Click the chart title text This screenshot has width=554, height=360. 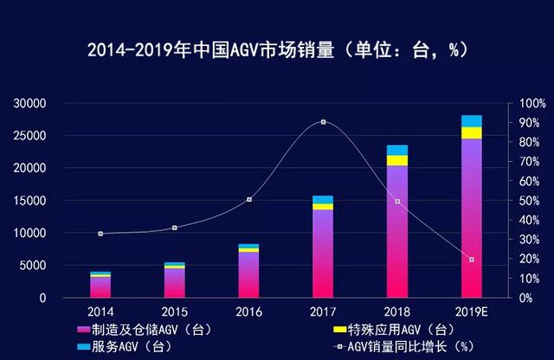pos(278,50)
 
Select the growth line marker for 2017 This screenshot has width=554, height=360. pos(323,122)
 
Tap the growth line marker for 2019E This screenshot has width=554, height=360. pos(471,260)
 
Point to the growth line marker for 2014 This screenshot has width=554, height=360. pos(100,234)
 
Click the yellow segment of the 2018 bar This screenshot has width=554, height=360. pos(397,160)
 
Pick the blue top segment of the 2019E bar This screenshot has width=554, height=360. pos(471,121)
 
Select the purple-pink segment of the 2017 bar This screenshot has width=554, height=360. pos(323,254)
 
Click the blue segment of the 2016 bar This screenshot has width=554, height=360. pos(248,246)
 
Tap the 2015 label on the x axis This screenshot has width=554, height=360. pos(175,312)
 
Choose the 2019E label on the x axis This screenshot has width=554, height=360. pos(471,312)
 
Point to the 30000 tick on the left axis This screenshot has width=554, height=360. pos(29,104)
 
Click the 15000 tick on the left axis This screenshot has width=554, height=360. pos(29,201)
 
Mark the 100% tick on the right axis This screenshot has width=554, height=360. pos(532,104)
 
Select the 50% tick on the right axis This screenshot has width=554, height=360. pos(529,201)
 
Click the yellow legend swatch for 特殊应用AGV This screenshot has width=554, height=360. pos(339,329)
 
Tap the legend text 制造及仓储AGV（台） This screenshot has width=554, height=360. pos(152,330)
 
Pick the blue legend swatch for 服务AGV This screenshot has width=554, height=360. pos(83,347)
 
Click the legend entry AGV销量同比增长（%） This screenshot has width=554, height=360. pos(404,346)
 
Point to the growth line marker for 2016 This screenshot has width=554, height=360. pos(249,200)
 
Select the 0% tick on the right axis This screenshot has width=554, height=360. pos(526,299)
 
